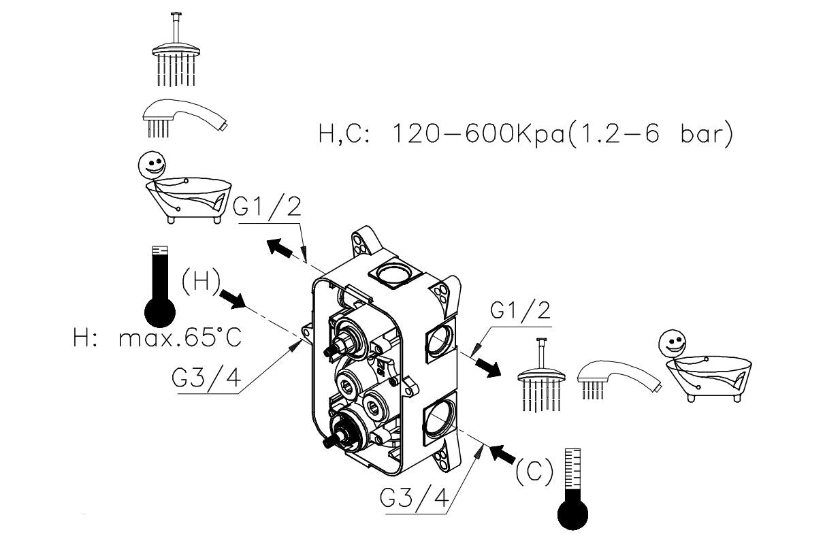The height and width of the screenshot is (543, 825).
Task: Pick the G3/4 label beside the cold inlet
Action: coord(415,500)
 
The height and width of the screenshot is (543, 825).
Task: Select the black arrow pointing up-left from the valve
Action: coord(280,248)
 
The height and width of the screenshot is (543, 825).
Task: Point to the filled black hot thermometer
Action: coord(161,286)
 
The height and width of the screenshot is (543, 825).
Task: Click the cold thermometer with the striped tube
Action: coord(572,487)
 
